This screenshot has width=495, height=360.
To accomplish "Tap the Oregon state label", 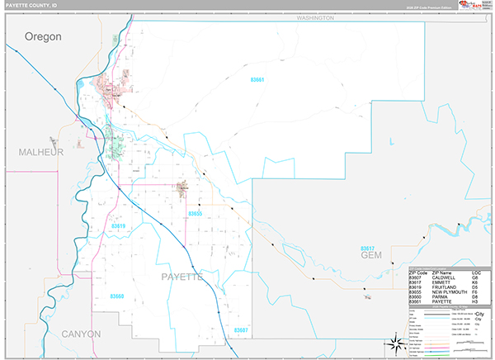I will tap(44, 36).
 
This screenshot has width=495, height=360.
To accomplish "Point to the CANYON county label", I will tap(80, 334).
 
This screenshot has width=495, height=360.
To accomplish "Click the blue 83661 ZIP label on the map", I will tap(257, 80).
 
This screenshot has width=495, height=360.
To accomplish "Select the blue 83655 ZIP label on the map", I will tap(195, 214).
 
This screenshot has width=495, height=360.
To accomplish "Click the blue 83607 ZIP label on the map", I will tap(239, 330).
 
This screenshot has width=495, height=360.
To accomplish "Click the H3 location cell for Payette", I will tap(476, 302).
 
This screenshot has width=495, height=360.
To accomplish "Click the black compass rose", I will tap(393, 344).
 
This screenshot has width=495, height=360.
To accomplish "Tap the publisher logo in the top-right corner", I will tap(475, 7).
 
